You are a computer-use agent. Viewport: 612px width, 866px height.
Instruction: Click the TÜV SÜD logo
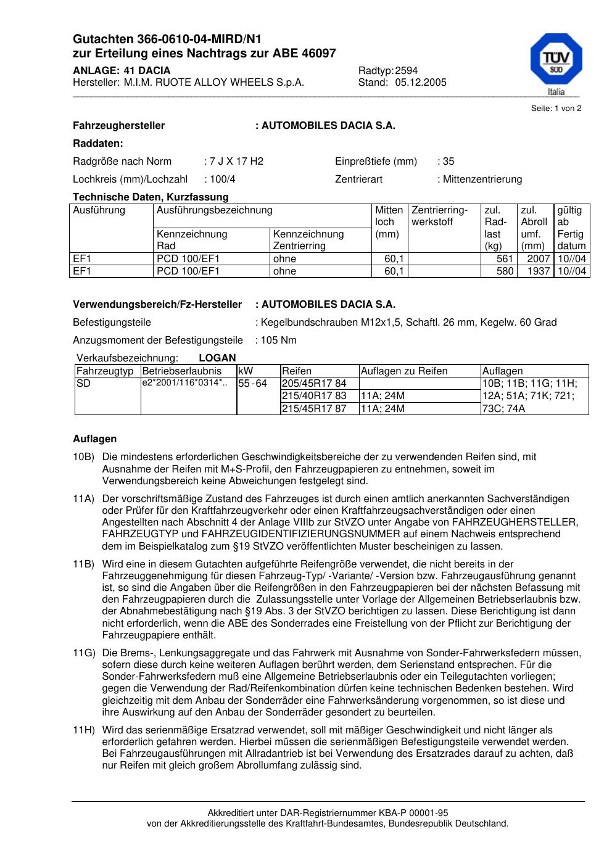[556, 62]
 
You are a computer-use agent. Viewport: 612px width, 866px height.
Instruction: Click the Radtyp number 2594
[406, 70]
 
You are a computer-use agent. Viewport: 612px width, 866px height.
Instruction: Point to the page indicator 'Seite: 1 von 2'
[556, 109]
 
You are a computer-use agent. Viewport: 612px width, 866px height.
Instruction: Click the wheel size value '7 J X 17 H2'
[236, 162]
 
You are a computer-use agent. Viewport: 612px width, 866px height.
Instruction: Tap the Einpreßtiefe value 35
[449, 162]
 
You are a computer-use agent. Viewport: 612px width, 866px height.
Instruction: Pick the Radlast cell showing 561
[505, 259]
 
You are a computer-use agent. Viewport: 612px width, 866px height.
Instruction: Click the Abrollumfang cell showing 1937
[539, 271]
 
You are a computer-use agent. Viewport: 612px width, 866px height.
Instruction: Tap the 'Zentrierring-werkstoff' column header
[440, 216]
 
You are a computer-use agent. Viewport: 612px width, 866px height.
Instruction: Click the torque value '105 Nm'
[279, 340]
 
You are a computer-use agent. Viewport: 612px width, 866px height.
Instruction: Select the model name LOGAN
[217, 358]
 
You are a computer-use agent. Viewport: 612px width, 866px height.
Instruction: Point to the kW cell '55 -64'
[252, 384]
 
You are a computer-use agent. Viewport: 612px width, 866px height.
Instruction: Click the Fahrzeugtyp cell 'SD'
[83, 384]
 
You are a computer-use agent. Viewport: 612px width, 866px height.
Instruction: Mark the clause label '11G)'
[83, 653]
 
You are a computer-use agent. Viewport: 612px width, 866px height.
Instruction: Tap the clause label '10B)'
[83, 458]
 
